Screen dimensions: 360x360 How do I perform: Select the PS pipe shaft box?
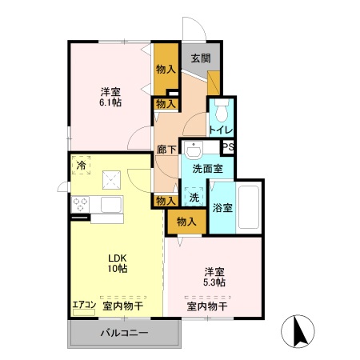click(x=228, y=146)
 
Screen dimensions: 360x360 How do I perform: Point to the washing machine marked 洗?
click(x=194, y=195)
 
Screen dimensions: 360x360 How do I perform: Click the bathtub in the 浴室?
click(x=250, y=207)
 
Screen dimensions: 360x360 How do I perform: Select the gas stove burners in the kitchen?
click(x=81, y=205)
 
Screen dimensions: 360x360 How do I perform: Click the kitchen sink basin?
click(x=110, y=205)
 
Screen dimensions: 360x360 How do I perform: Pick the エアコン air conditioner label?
click(x=83, y=305)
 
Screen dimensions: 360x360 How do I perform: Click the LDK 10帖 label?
click(x=118, y=262)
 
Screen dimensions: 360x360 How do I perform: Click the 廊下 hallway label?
click(x=166, y=149)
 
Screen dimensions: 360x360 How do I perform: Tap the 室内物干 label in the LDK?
click(x=122, y=305)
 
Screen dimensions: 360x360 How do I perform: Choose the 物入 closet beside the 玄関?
click(x=166, y=68)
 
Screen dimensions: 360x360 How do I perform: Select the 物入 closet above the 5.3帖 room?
click(x=186, y=222)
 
